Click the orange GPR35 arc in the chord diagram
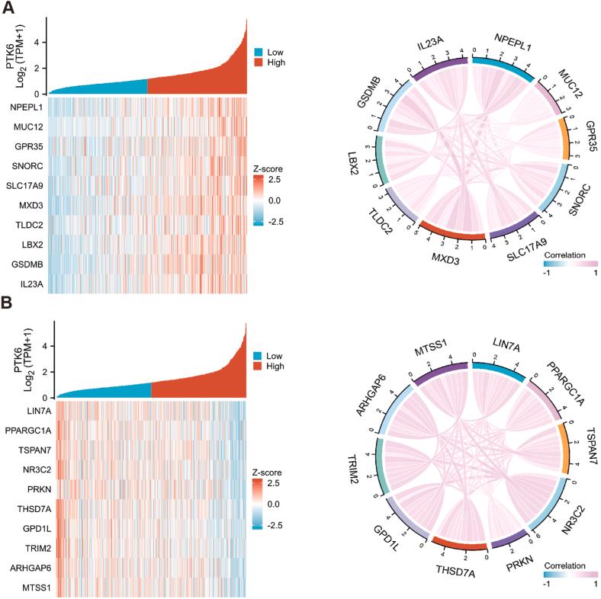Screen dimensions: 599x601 click(565, 138)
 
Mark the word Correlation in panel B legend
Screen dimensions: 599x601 click(565, 567)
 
